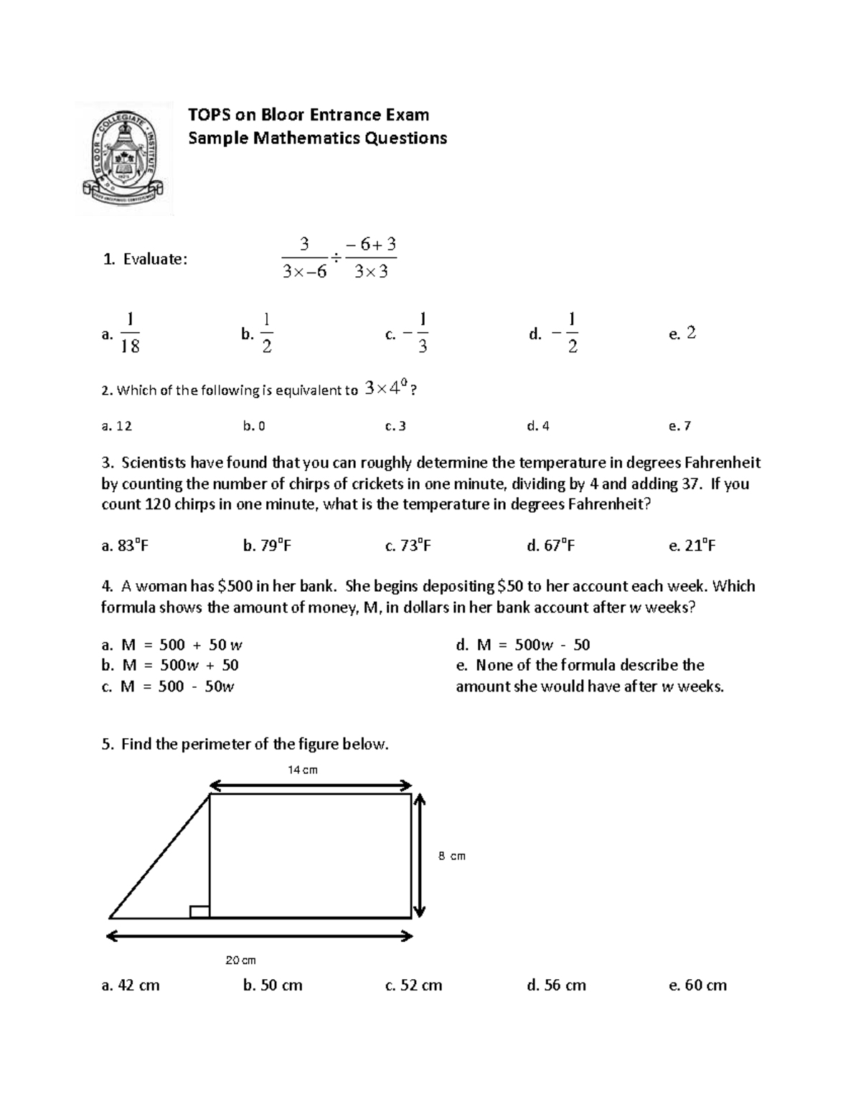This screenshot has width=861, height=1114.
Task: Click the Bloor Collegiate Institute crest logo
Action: click(124, 159)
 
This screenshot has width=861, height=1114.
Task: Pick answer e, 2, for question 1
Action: click(682, 333)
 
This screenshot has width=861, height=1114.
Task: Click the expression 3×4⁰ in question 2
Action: click(387, 389)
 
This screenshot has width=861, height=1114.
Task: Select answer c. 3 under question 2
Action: click(395, 426)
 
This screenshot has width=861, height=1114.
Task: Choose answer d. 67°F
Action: click(550, 546)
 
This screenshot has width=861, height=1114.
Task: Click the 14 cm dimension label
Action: click(303, 770)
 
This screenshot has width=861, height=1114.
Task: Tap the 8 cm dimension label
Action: click(451, 856)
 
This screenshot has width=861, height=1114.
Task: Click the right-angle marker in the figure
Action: click(199, 912)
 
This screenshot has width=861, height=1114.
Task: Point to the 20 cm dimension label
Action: click(241, 960)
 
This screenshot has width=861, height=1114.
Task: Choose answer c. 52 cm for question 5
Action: click(413, 986)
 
